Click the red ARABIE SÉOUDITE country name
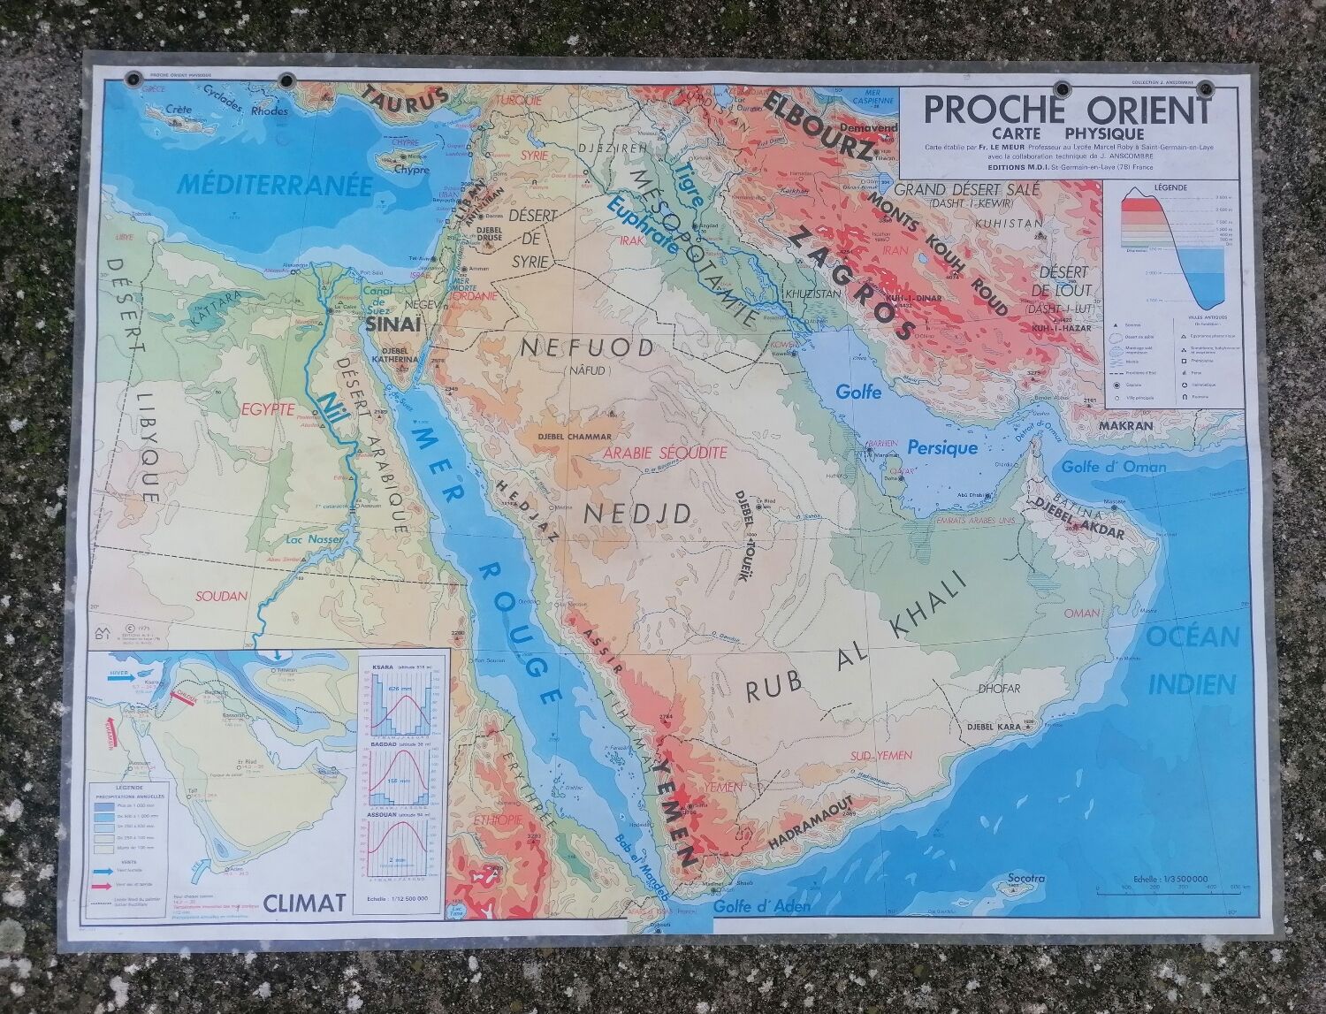click(660, 453)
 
